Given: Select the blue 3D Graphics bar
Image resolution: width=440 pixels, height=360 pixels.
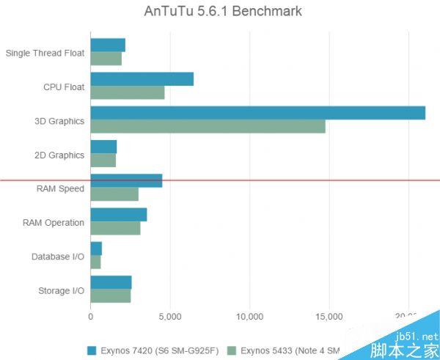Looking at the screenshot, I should click(257, 113).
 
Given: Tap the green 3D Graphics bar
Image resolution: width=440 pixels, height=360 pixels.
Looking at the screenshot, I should click(208, 126).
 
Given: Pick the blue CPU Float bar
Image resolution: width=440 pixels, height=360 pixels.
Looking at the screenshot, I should click(142, 79).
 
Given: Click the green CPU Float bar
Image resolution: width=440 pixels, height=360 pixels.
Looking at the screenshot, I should click(127, 93).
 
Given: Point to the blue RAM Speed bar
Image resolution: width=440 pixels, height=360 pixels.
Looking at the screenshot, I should click(126, 181).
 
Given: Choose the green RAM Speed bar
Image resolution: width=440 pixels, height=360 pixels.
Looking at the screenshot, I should click(114, 194).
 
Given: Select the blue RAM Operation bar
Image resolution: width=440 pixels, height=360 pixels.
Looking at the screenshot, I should click(118, 215).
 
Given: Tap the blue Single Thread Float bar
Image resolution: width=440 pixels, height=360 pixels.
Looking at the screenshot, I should click(108, 45).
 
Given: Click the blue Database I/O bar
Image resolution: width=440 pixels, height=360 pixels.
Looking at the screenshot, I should click(96, 249).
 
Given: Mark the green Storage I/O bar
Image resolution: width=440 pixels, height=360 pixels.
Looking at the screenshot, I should click(110, 296).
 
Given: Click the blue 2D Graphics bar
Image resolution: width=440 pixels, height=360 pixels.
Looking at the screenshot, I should click(103, 147).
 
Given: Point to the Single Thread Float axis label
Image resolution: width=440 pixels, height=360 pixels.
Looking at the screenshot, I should click(45, 53).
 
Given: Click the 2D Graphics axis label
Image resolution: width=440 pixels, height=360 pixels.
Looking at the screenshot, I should click(59, 155).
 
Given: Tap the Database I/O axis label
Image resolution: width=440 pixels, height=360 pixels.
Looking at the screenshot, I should click(58, 257).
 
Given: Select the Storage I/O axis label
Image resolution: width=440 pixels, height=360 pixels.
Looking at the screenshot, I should click(61, 290).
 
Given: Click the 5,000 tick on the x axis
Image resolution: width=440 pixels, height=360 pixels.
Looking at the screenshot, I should click(169, 317).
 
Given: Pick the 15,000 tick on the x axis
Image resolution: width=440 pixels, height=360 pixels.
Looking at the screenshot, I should click(329, 317).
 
